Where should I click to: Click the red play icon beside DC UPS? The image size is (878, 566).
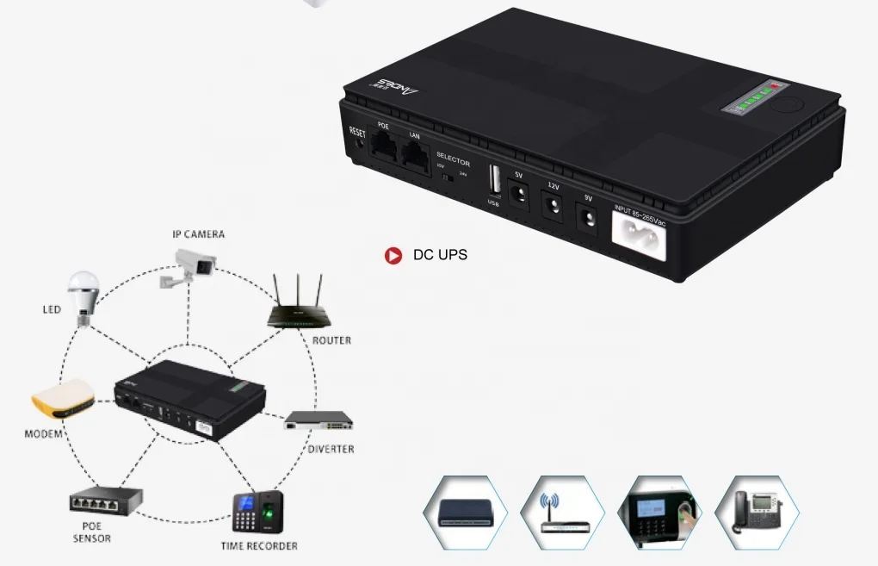coord(393,255)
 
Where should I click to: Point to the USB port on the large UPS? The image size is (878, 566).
coord(494,182)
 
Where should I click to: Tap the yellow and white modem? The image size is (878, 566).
coord(62,399)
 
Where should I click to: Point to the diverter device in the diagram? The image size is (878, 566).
coord(319,421)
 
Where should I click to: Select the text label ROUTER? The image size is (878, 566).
coord(331,340)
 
